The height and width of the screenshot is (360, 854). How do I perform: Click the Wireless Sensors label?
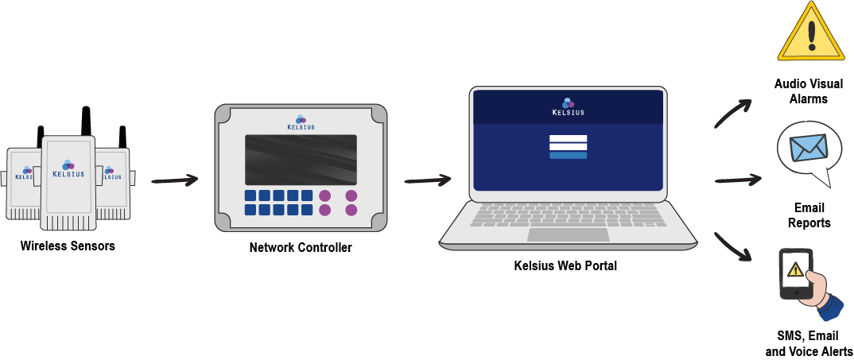(x=68, y=246)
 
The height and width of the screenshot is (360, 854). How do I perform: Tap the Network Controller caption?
(x=301, y=248)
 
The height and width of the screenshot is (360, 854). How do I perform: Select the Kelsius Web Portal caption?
(x=566, y=266)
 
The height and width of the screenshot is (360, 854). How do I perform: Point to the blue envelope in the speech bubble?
(x=809, y=148)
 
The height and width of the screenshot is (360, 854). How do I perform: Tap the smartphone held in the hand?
(x=797, y=274)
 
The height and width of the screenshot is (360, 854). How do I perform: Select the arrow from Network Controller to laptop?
(x=428, y=180)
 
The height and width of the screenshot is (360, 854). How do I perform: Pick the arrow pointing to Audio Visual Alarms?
(x=732, y=114)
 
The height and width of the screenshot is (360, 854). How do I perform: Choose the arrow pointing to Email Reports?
(x=737, y=179)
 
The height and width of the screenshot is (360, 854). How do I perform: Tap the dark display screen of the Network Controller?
(x=301, y=160)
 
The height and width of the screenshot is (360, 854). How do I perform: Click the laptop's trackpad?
(x=568, y=234)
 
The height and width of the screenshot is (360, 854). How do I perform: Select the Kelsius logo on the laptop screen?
(x=568, y=106)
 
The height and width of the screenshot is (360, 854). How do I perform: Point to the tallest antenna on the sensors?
(x=86, y=122)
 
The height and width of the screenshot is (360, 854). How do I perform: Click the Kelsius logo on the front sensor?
(x=68, y=168)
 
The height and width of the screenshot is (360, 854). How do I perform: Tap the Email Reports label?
(x=809, y=215)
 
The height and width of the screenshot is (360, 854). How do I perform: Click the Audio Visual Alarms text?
(x=809, y=91)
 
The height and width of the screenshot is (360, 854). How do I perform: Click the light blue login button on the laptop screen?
(x=568, y=155)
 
